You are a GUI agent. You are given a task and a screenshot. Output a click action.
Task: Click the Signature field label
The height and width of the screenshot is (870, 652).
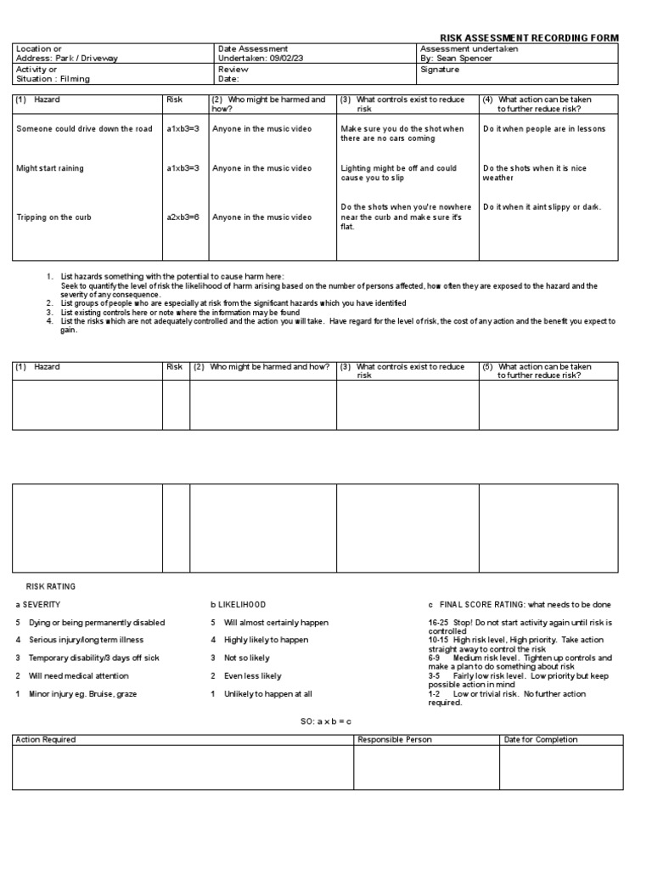pyautogui.click(x=440, y=70)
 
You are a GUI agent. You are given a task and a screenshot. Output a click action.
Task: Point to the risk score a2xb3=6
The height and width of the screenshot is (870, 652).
pyautogui.click(x=183, y=217)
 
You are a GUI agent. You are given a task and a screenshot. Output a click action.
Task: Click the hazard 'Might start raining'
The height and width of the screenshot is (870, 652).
pyautogui.click(x=50, y=168)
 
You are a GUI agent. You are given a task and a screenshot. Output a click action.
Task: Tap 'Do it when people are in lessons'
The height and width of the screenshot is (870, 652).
pyautogui.click(x=544, y=128)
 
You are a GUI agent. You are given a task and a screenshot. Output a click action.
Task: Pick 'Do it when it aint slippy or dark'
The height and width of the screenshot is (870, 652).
pyautogui.click(x=542, y=206)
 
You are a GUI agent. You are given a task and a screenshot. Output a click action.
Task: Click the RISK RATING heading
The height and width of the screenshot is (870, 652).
pyautogui.click(x=50, y=586)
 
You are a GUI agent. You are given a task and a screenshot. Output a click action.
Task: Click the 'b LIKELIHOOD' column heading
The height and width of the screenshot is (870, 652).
pyautogui.click(x=238, y=604)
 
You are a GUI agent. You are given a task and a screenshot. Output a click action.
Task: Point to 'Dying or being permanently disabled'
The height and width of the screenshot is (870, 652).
pyautogui.click(x=90, y=623)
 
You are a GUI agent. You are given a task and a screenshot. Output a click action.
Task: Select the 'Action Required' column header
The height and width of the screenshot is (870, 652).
pyautogui.click(x=46, y=739)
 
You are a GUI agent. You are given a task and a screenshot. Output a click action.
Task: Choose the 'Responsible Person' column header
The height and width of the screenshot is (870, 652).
pyautogui.click(x=395, y=739)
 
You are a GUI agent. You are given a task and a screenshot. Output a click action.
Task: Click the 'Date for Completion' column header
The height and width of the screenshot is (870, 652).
pyautogui.click(x=541, y=739)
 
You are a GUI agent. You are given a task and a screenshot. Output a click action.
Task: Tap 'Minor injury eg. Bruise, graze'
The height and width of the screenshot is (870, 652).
pyautogui.click(x=82, y=694)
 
